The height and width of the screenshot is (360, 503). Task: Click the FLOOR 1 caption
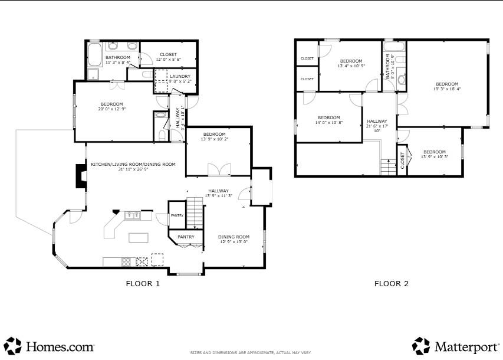143,283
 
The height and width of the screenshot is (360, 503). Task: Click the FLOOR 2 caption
391,283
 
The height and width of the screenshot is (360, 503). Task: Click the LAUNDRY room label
180,76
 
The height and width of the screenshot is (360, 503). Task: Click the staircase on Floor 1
195,214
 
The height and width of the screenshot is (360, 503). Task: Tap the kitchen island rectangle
139,237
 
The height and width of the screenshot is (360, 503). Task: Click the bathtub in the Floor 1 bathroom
95,55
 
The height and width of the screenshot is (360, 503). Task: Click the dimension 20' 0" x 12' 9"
111,109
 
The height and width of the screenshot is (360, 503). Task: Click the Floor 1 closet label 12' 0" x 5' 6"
168,60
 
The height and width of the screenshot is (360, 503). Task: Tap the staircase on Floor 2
388,167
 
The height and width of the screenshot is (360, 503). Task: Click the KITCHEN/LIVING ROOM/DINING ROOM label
133,164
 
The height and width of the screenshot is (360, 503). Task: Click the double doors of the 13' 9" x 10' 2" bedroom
219,170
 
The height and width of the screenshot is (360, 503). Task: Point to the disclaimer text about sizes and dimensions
251,352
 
